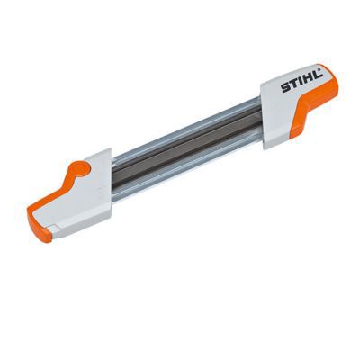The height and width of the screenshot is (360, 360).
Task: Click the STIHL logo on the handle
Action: point(301,81)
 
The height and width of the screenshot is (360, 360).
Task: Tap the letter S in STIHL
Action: point(284,87)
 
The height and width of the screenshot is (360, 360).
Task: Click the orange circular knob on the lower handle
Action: point(81,167)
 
